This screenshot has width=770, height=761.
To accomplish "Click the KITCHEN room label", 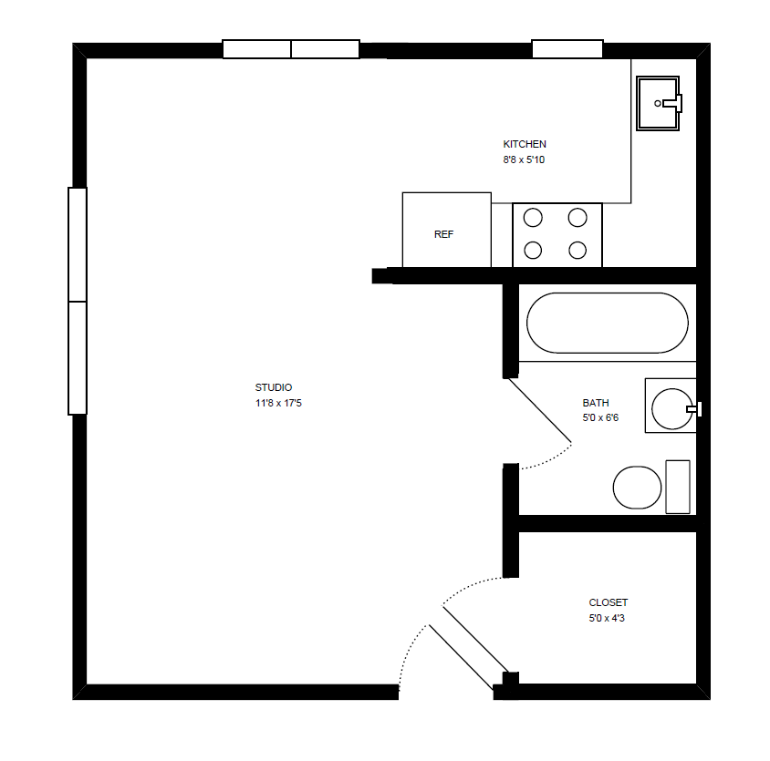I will click(525, 144).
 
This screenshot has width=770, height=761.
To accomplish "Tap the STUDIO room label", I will click(274, 387).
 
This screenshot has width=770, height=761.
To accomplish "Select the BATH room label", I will click(596, 403).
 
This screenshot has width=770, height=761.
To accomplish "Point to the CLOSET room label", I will click(608, 602).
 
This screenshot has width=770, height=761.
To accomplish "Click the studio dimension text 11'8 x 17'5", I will click(278, 403).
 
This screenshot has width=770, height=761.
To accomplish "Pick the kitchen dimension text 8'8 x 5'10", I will click(524, 159).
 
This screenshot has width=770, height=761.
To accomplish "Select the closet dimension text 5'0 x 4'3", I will click(608, 619).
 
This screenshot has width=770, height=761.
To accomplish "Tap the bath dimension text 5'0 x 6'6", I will click(600, 418).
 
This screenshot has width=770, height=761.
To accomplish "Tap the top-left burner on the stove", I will click(534, 218).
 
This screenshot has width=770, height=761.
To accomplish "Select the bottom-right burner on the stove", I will click(577, 250).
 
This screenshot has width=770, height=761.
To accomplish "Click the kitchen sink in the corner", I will click(658, 103).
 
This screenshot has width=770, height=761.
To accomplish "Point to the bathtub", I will click(607, 323).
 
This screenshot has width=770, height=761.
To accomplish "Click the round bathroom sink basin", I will click(673, 407).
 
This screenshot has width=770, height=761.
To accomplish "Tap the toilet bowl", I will click(637, 488).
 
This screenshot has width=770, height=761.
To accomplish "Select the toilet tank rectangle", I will click(678, 487).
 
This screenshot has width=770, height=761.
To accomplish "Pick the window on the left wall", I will click(78, 301).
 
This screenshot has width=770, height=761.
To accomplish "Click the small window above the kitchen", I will click(567, 49).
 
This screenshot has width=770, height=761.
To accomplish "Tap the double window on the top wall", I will click(291, 49).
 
